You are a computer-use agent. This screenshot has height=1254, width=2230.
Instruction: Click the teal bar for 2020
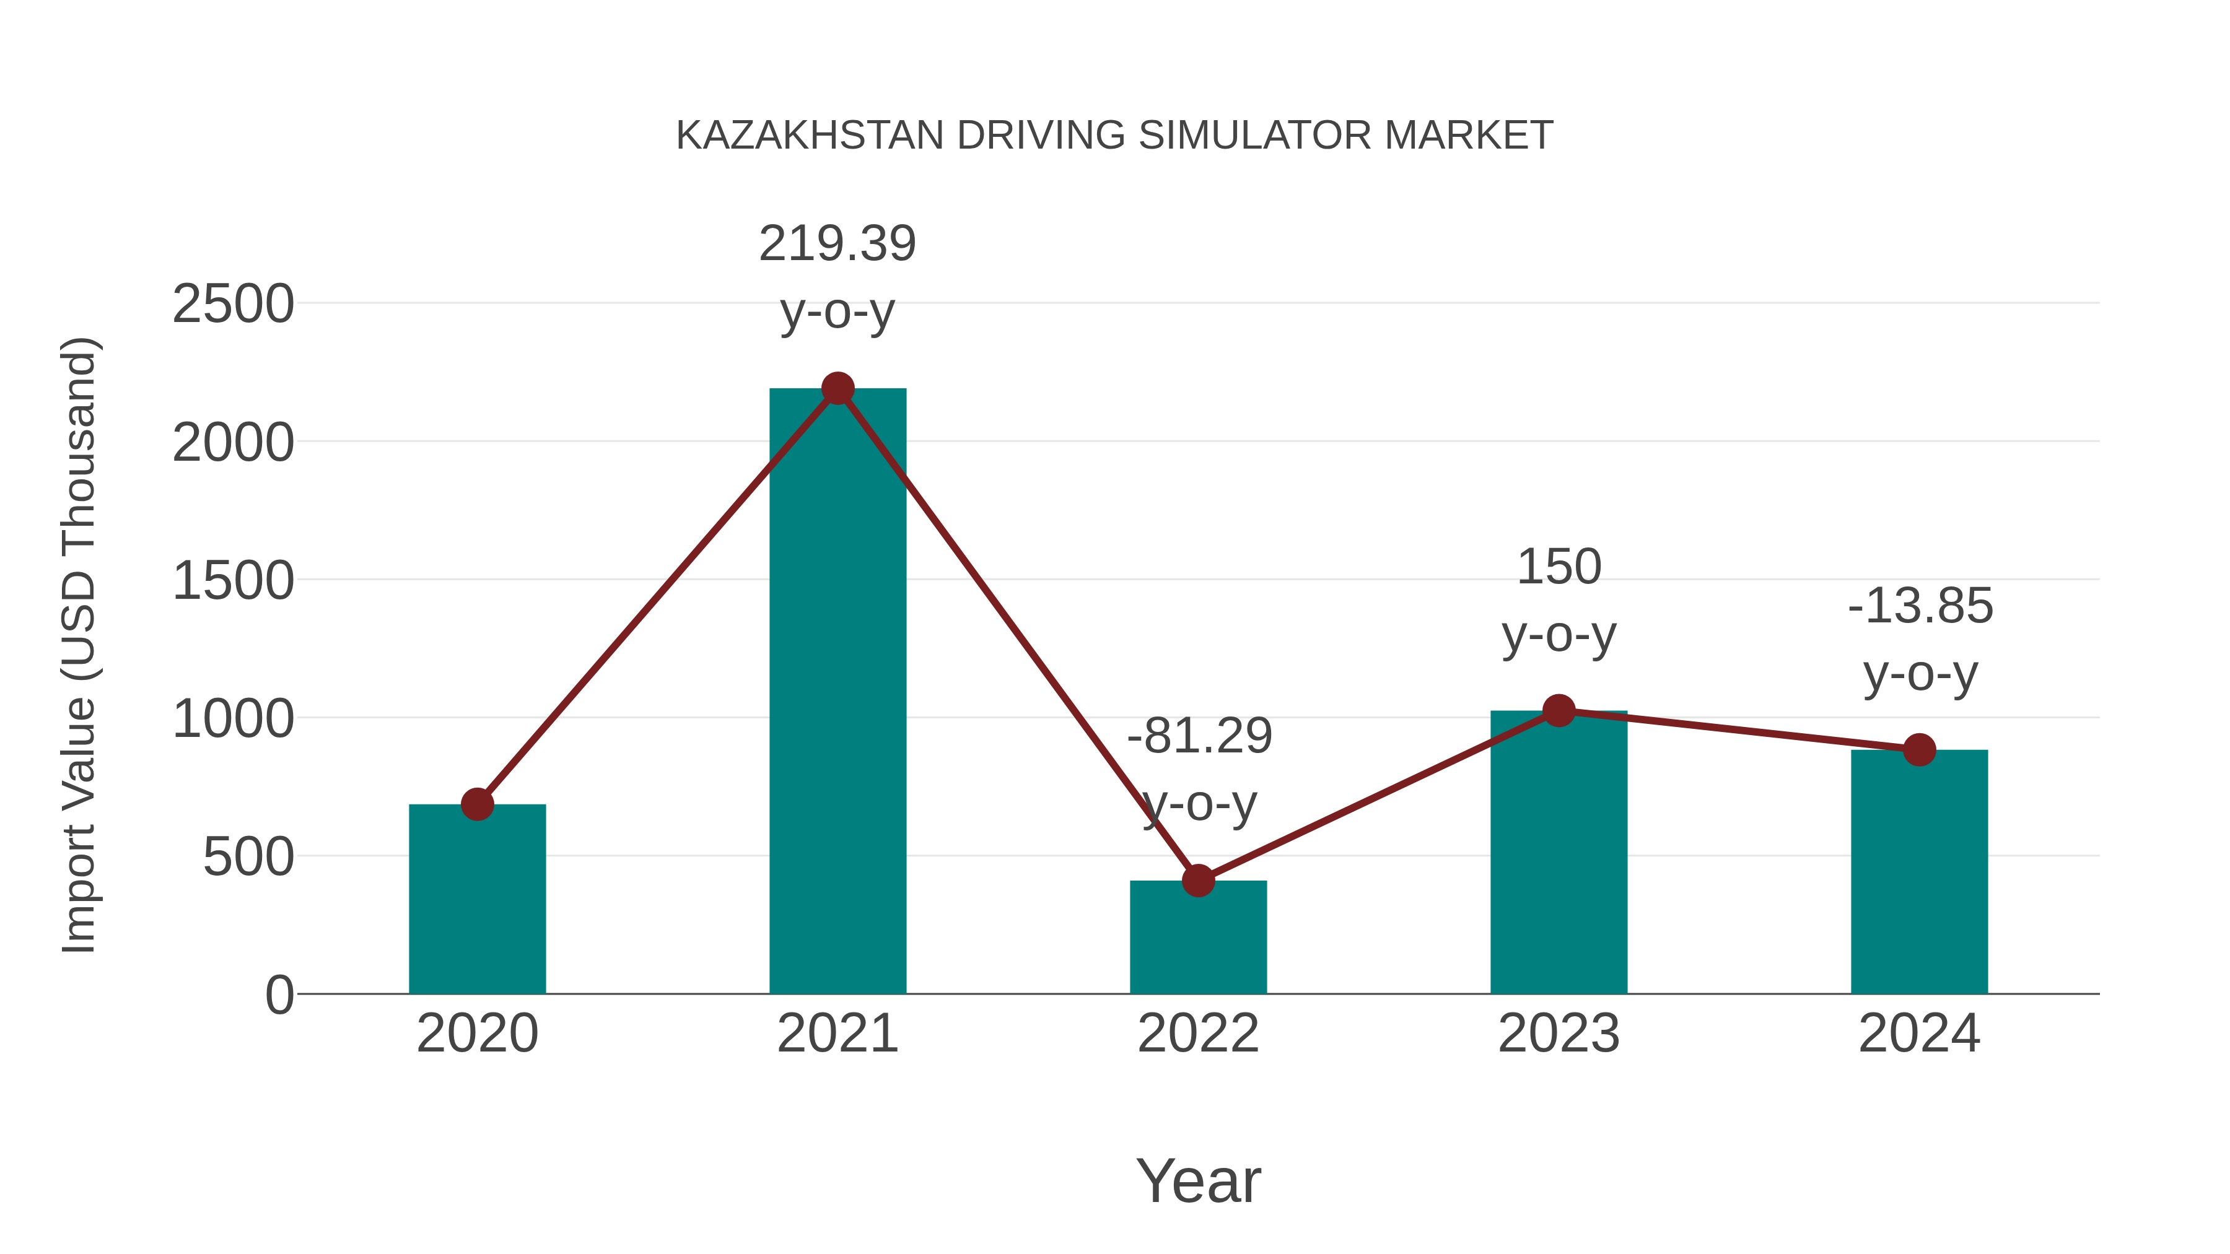(477, 900)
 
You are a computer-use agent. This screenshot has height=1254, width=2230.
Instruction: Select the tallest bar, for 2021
(837, 692)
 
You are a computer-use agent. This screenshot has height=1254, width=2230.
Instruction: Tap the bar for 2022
(1198, 939)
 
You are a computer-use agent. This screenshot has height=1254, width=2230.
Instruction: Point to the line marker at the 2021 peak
(837, 388)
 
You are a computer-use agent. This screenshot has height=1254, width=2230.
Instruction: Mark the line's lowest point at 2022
(1198, 881)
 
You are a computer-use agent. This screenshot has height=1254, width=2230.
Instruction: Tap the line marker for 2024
(1919, 749)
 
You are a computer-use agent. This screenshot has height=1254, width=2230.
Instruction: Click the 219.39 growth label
(837, 243)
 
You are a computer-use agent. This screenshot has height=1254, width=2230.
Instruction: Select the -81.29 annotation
(1199, 736)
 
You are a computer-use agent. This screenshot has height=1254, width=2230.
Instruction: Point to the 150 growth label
(1559, 568)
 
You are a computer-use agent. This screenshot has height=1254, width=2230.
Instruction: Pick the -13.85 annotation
(1920, 606)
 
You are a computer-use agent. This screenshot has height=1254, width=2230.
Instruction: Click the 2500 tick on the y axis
(233, 305)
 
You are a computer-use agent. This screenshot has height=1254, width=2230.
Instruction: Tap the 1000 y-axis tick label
(233, 718)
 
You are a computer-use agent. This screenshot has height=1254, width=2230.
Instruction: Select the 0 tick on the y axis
(279, 995)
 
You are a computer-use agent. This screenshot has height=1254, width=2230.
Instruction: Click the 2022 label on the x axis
(1198, 1034)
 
